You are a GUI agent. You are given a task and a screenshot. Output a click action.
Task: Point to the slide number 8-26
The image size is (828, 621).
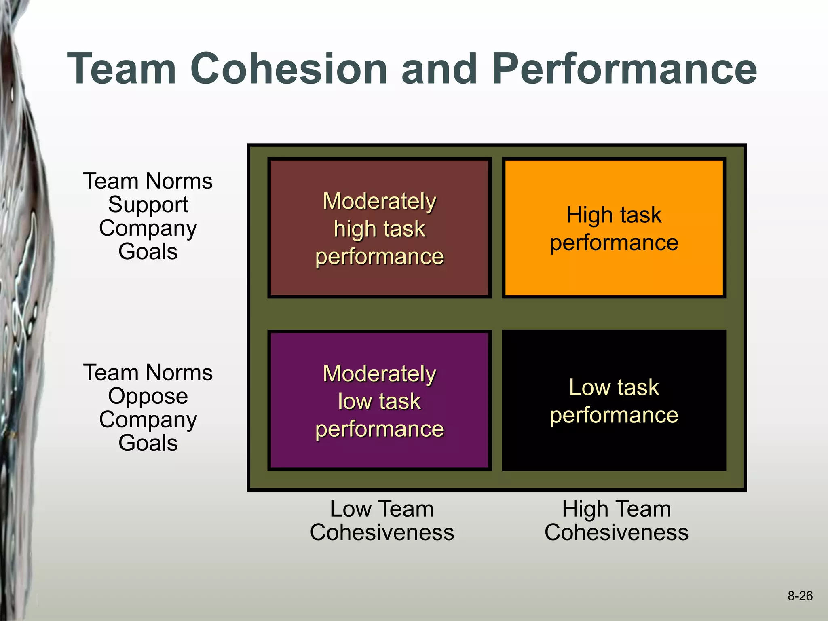[800, 596]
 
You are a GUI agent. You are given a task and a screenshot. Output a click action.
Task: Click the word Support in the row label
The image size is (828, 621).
[148, 205]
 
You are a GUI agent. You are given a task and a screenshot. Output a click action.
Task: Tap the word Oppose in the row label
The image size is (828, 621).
[148, 396]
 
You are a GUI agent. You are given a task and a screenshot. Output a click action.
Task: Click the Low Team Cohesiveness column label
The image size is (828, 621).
[382, 520]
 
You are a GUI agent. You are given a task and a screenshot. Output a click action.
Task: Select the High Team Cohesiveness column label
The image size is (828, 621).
[616, 520]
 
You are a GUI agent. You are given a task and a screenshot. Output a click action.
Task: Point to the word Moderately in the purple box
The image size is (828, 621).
[379, 374]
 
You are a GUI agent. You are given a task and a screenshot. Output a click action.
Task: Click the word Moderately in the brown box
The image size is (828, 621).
[379, 201]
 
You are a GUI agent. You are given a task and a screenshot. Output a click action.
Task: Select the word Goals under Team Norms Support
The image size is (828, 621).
[148, 251]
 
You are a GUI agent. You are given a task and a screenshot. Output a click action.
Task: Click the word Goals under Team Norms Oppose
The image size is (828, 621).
[148, 443]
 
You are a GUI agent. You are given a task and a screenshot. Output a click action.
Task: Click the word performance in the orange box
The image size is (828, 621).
[614, 243]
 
